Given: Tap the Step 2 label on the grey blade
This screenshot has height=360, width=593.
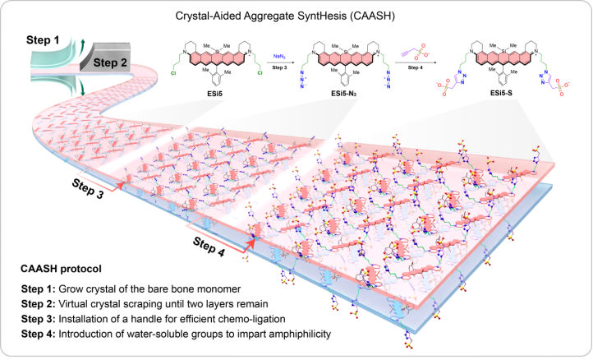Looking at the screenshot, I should (x=110, y=61).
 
